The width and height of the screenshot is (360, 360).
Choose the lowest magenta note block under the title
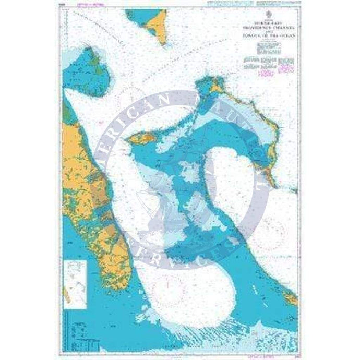[267, 75]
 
